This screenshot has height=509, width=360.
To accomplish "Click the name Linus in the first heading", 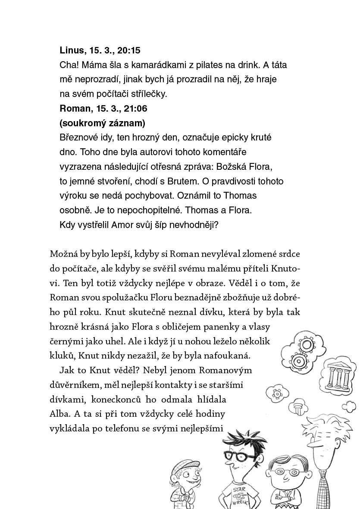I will point(71,50).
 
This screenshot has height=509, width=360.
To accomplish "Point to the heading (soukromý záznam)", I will point(102,123).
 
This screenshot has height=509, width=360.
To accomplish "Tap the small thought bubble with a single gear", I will point(274,393).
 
